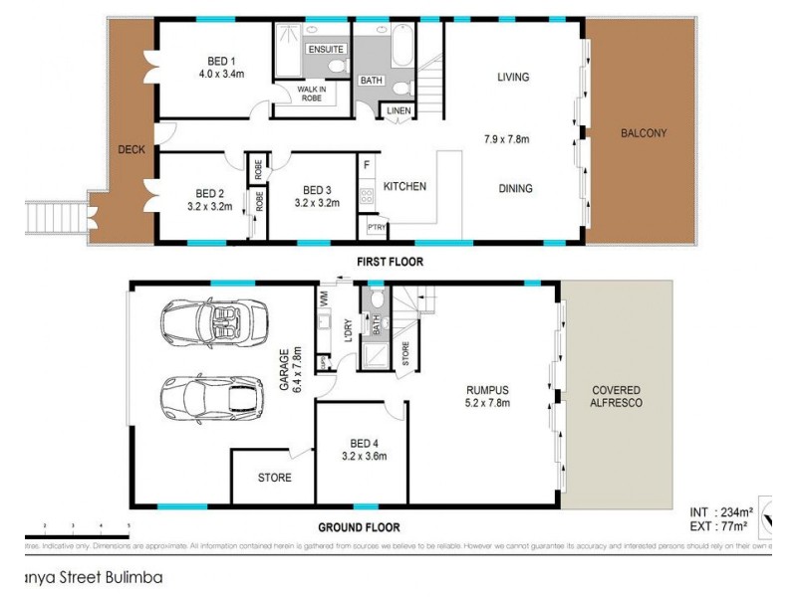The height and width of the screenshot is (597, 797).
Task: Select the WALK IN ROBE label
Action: pos(312,95)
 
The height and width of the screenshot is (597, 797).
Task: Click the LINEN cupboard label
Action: pos(399,110)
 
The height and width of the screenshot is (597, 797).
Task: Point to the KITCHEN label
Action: pos(405,186)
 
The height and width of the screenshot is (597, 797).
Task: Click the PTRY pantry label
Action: pos(376,228)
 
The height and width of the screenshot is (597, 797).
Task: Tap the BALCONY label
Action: pos(642,133)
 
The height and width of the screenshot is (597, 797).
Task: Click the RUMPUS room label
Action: pos(488,390)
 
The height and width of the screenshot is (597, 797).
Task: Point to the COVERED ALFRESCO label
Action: pos(617,396)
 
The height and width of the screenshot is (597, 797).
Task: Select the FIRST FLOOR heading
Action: pos(390,262)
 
